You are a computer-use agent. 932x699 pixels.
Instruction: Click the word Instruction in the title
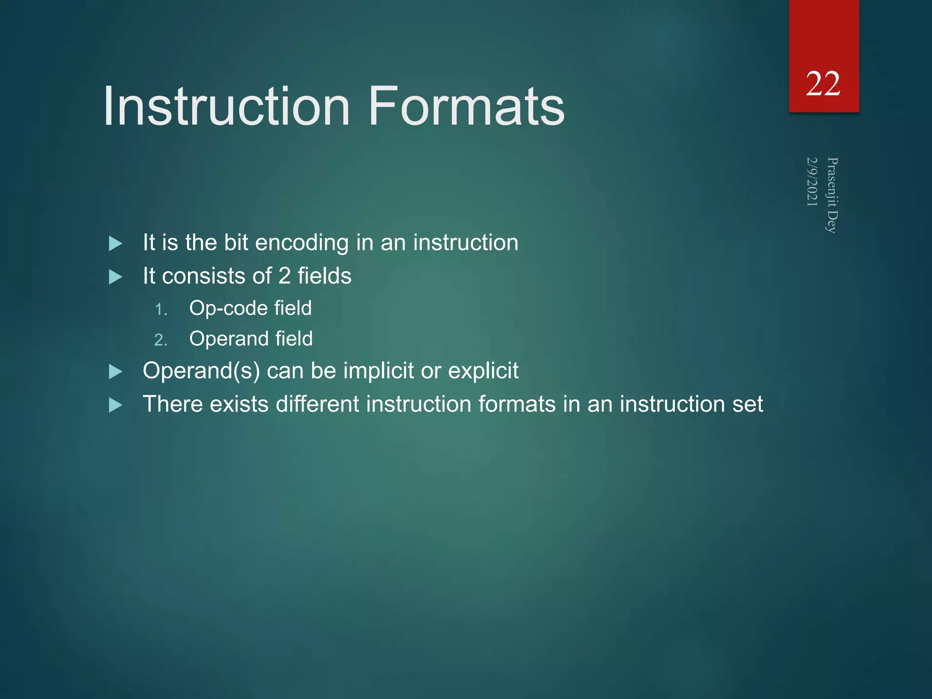click(226, 107)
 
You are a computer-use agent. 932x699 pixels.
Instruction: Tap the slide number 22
click(823, 84)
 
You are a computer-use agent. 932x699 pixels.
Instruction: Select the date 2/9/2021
click(812, 182)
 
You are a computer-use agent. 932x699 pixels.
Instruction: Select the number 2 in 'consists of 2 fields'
click(284, 276)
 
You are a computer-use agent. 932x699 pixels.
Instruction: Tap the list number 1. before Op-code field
click(161, 310)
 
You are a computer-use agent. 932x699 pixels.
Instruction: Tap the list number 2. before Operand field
click(161, 340)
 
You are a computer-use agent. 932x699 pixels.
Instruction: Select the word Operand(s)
click(201, 371)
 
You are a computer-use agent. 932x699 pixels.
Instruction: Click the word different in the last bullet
click(317, 404)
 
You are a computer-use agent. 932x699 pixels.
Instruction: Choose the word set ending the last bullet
click(747, 404)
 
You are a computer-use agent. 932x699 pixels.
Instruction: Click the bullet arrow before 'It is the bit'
click(116, 244)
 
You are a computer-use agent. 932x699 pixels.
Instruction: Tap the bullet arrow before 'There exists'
click(116, 405)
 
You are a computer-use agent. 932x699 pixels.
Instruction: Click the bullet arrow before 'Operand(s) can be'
click(116, 372)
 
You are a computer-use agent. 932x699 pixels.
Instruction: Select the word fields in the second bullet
click(324, 276)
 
